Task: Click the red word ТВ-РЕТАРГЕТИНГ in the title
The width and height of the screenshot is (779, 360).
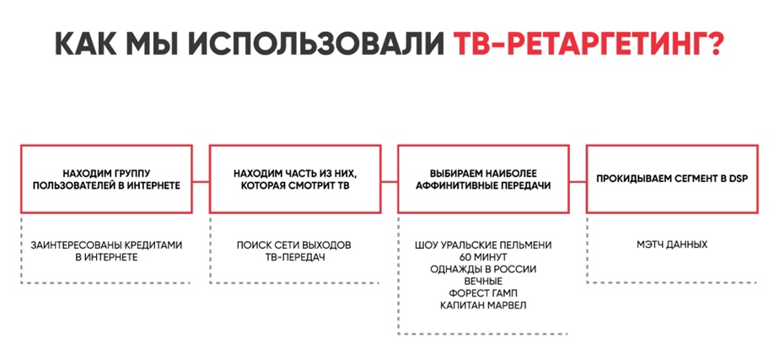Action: coord(578,43)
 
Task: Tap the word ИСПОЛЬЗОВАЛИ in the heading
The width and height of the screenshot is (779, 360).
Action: coord(316,43)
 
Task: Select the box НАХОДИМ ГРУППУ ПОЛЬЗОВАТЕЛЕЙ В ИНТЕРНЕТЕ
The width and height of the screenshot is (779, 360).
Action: coord(107,180)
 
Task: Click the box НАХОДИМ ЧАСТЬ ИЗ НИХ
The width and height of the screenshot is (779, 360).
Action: coord(295,180)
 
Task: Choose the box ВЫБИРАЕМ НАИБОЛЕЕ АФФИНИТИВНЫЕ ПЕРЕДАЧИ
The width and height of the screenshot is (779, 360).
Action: coord(483,180)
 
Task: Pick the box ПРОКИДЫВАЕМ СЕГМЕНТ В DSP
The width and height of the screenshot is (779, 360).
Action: coord(672,180)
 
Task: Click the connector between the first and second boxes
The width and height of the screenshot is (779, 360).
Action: coord(201,182)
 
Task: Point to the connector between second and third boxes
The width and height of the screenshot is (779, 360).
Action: coord(389,182)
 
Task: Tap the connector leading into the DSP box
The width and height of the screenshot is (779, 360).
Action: coord(578,182)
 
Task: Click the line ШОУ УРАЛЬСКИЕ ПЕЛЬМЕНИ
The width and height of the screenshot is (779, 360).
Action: coord(483,246)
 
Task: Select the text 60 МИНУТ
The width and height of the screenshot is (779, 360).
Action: coord(483,258)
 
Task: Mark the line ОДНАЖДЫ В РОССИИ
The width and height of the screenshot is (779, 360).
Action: coord(483,270)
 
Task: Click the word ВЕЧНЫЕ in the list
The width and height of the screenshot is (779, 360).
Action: coord(483,282)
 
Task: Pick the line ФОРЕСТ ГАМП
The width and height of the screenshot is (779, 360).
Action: coord(483,293)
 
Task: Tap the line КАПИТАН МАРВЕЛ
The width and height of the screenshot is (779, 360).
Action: coord(483,305)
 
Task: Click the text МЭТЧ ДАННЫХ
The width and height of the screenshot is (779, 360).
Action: coord(672,245)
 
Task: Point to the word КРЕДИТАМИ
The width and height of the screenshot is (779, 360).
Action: coord(151,245)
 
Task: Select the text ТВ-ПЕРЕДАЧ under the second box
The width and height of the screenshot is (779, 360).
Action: coord(295,258)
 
